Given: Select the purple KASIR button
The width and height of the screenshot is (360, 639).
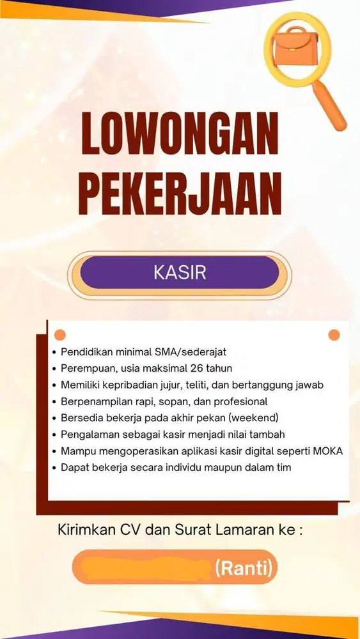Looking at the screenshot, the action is [x=180, y=272].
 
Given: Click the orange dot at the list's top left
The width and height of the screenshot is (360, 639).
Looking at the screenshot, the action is [x=59, y=335].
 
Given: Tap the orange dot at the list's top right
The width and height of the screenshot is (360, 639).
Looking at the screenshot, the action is [x=334, y=335].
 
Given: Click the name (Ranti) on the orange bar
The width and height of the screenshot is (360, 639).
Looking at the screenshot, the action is [x=244, y=567].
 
